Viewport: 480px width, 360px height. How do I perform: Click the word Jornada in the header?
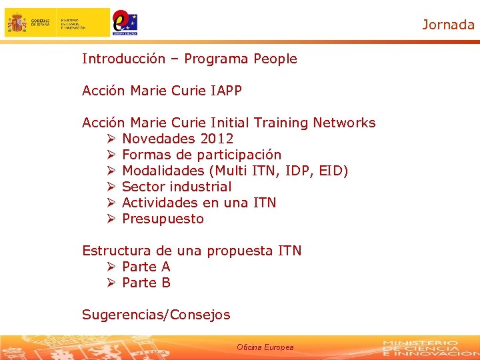[448, 25]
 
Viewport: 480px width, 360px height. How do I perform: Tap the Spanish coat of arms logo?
[17, 23]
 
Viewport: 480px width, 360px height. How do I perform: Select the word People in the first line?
[275, 59]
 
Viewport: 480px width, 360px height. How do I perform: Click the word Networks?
[344, 123]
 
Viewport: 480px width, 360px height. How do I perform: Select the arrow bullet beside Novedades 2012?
[111, 139]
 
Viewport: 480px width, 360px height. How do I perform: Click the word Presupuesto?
[163, 219]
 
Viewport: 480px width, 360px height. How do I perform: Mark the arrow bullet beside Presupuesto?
[111, 219]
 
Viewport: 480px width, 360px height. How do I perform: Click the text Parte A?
[146, 267]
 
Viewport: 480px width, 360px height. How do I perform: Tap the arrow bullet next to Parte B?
[111, 283]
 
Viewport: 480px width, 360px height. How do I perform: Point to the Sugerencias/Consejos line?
[156, 315]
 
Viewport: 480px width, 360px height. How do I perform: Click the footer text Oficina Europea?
[265, 347]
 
